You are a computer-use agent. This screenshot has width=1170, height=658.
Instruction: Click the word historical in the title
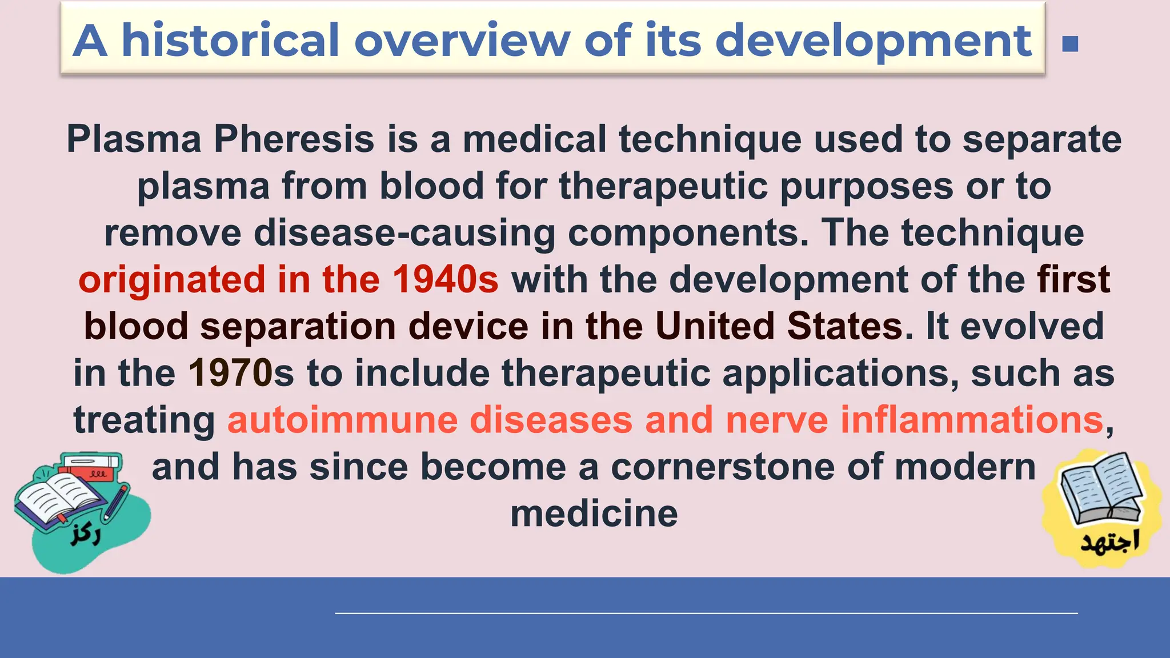pyautogui.click(x=231, y=41)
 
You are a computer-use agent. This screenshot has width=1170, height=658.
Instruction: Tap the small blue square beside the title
pyautogui.click(x=1070, y=44)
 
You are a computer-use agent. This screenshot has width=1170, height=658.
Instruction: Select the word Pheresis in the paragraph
pyautogui.click(x=294, y=139)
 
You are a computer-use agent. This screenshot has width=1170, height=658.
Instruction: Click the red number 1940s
pyautogui.click(x=445, y=279)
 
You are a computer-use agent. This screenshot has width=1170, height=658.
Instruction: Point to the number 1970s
pyautogui.click(x=241, y=373)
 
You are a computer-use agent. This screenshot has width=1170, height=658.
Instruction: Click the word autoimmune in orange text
pyautogui.click(x=342, y=420)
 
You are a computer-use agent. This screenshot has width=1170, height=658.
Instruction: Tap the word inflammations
pyautogui.click(x=971, y=420)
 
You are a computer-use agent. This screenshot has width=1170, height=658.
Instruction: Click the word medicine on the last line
pyautogui.click(x=594, y=513)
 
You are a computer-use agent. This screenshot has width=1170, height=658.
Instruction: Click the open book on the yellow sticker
pyautogui.click(x=1101, y=489)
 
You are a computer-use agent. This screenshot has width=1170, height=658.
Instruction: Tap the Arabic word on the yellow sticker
pyautogui.click(x=1109, y=541)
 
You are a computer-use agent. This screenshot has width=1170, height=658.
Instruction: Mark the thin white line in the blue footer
pyautogui.click(x=706, y=613)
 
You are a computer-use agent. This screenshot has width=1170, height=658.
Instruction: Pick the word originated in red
pyautogui.click(x=171, y=279)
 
